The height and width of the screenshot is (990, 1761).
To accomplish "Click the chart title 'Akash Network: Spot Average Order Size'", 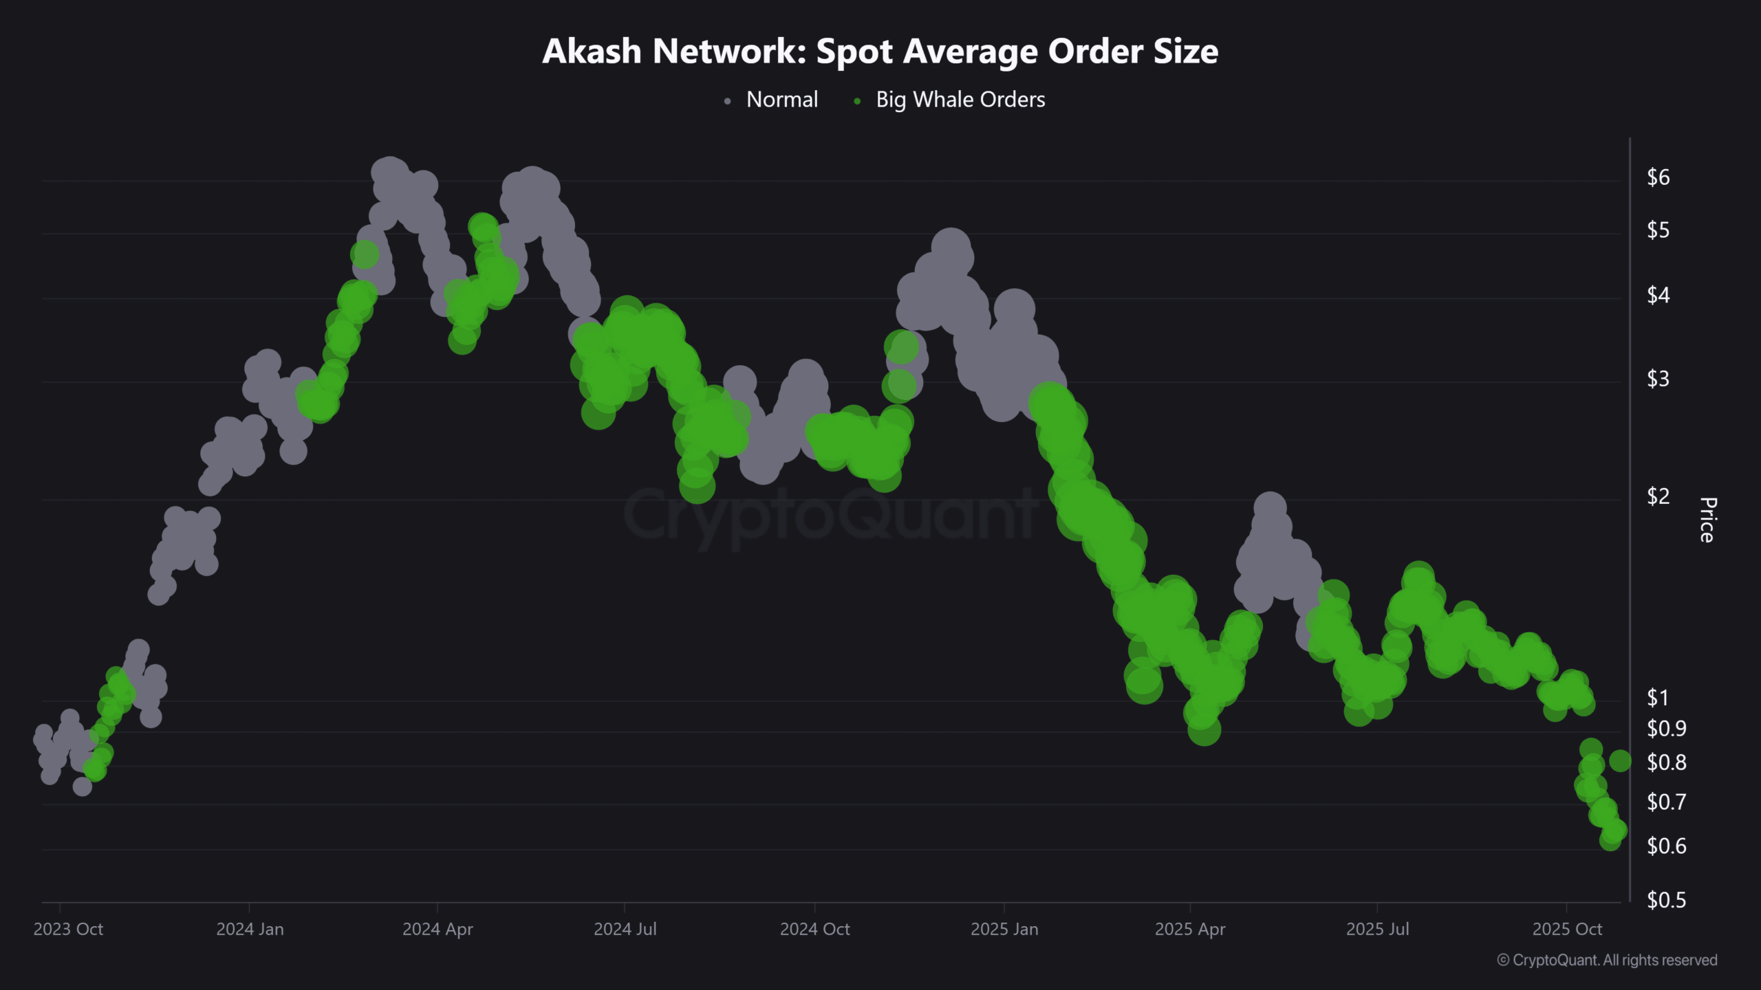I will tap(880, 51).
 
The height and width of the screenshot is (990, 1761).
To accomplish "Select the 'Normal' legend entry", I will tap(781, 100).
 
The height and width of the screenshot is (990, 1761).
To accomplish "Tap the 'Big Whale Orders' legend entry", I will tap(960, 100).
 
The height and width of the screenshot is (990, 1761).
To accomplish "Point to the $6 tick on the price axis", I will tap(1658, 177).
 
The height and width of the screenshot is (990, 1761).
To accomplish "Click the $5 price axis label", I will tap(1658, 230).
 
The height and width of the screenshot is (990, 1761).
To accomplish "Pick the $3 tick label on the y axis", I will tap(1658, 379).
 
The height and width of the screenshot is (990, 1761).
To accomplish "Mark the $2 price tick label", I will tap(1658, 496).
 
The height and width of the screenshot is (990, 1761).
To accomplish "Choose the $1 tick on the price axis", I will tap(1658, 698).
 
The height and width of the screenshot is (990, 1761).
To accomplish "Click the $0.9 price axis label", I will tap(1666, 728).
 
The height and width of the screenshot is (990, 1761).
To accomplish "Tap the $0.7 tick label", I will tap(1666, 802).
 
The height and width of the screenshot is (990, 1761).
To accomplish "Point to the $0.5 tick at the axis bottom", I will tap(1666, 900).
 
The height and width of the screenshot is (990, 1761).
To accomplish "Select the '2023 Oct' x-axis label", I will tap(68, 929).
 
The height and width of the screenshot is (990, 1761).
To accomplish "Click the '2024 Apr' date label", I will tap(437, 929).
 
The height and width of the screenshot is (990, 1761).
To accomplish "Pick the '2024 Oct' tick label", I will tap(814, 929).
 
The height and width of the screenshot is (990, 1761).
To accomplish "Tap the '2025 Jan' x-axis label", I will tap(1004, 929).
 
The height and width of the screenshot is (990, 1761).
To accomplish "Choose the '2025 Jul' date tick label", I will tap(1377, 929).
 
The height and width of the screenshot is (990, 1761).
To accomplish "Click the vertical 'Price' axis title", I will tap(1707, 520).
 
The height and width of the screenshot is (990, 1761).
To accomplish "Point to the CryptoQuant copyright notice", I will tap(1607, 960).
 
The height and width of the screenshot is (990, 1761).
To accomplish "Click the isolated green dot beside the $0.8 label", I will tap(1620, 761).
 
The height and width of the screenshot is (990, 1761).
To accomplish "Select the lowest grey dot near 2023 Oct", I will tap(83, 786).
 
